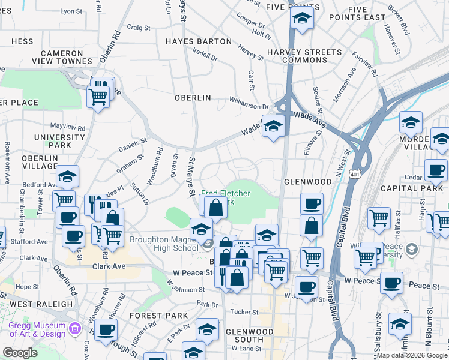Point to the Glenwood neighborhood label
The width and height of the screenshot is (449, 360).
coord(308,181)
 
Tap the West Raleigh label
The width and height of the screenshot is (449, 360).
coord(41,304)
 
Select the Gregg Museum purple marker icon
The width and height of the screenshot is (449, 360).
coord(74,328)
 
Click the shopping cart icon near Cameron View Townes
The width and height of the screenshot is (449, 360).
coord(98,95)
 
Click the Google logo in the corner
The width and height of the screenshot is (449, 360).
coord(19,353)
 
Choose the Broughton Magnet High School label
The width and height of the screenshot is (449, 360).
coord(163,244)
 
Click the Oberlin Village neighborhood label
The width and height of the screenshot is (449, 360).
coord(40,162)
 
